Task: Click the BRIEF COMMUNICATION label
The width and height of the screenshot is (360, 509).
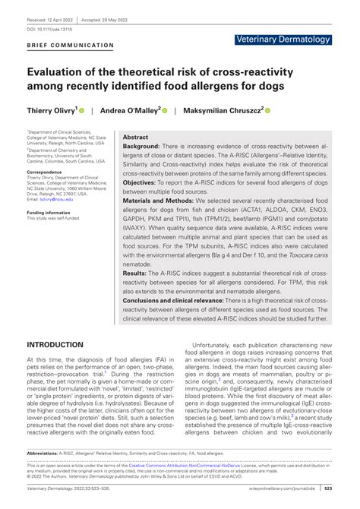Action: (x=70, y=45)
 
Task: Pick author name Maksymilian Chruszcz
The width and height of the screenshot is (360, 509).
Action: (x=224, y=109)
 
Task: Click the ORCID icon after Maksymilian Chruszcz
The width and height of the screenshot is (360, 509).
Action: (x=267, y=110)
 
